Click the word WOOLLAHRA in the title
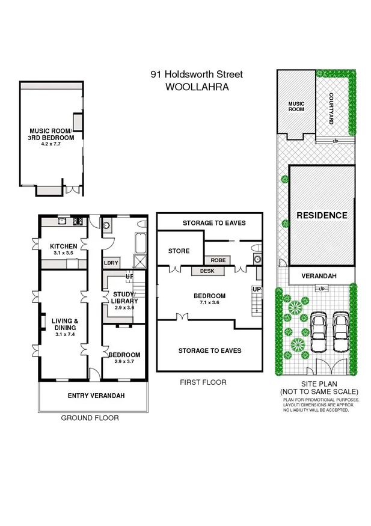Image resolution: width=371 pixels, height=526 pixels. coord(196,87)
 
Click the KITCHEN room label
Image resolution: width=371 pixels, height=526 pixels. coord(64,246)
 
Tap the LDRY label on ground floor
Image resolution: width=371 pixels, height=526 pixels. coord(111,263)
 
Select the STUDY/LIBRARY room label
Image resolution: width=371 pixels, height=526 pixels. coord(125,298)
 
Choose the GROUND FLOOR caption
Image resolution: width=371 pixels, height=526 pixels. coord(90,418)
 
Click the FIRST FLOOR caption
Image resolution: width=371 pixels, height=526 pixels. coord(203,382)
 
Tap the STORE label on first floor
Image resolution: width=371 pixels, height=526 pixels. coord(179,251)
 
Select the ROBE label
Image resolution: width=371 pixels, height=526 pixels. coord(218,260)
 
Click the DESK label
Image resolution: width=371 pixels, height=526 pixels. coord(207,271)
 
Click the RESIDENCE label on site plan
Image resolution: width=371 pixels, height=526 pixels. coord(321,215)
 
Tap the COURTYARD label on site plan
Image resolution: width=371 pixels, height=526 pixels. coord(331,110)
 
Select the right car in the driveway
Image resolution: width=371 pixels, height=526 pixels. coord(340,329)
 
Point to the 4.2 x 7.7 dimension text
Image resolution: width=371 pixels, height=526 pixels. coord(51,144)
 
